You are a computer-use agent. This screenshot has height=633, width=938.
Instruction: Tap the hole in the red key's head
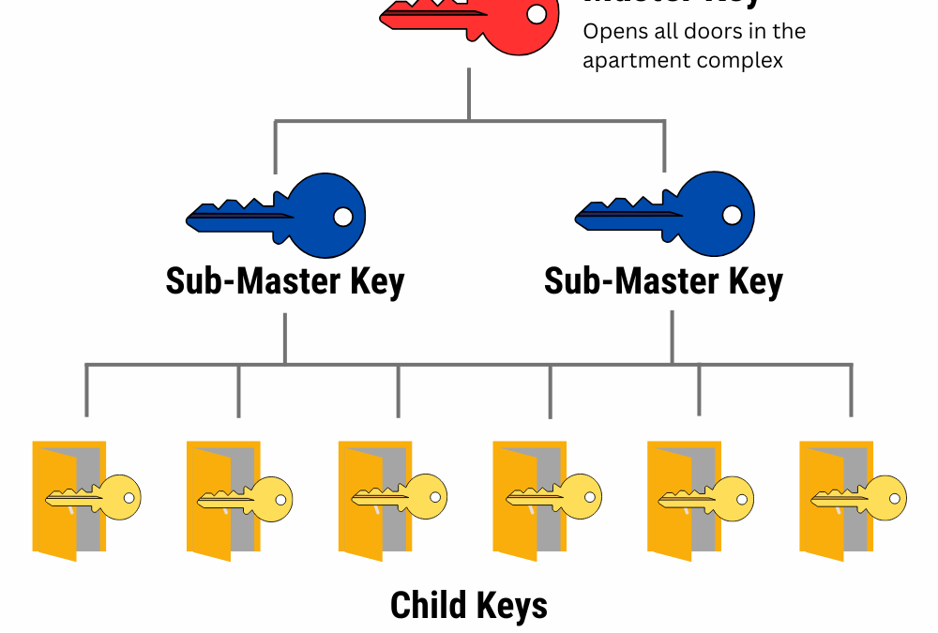click(537, 14)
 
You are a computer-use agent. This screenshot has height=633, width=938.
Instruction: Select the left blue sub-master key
click(281, 216)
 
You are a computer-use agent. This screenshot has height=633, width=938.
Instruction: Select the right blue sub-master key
click(670, 215)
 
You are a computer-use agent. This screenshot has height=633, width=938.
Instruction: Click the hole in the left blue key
click(343, 217)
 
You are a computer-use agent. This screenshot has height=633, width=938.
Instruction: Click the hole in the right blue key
click(733, 216)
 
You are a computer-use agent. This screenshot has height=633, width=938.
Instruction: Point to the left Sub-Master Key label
click(284, 281)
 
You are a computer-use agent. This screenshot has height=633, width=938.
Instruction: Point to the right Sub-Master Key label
click(663, 281)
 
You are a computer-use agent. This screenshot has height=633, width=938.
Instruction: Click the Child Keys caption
click(469, 605)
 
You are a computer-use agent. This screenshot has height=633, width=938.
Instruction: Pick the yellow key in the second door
click(246, 498)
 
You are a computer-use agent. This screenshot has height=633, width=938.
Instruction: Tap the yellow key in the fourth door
click(553, 497)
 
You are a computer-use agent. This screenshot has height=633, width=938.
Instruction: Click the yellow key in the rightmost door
click(859, 498)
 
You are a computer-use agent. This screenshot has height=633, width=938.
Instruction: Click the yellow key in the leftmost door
click(94, 498)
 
